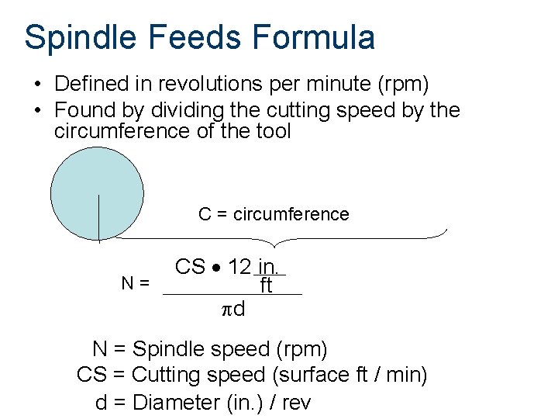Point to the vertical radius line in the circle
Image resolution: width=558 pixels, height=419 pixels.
98,218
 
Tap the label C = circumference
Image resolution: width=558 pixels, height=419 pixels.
274,214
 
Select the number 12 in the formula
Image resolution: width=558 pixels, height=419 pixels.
239,268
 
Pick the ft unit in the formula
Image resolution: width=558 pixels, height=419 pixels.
266,286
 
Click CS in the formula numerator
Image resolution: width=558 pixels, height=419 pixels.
190,268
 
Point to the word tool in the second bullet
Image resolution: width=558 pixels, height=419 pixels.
274,131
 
